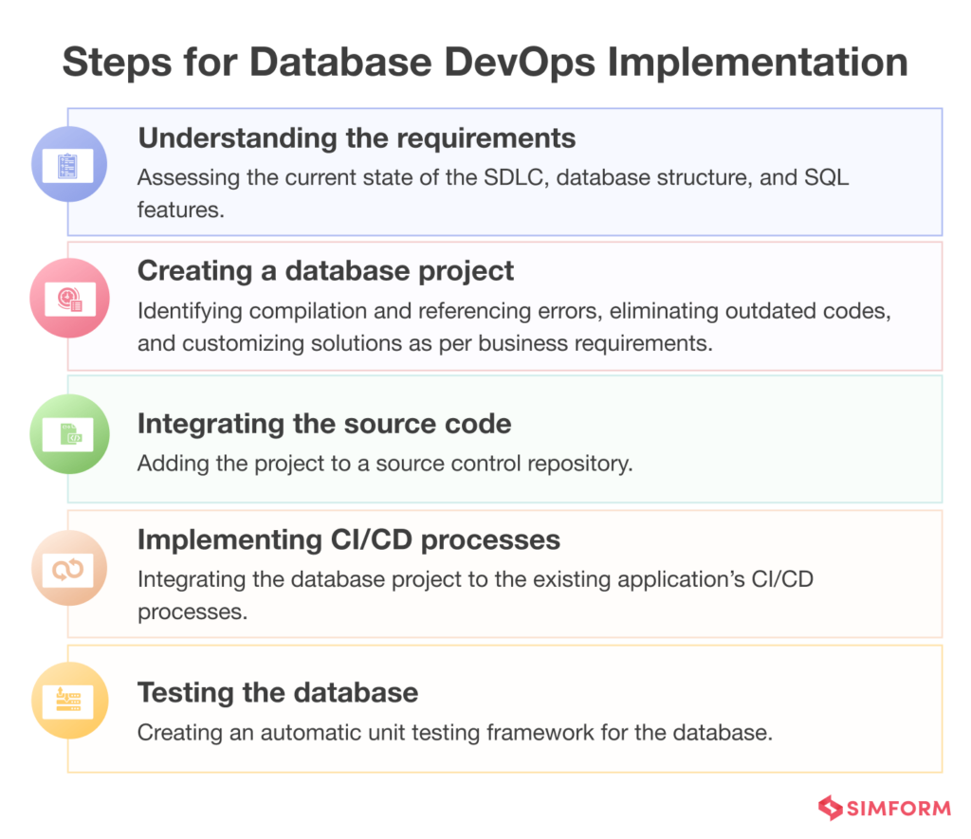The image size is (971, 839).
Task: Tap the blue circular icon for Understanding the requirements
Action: point(69,165)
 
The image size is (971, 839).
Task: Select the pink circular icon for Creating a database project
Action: point(69,298)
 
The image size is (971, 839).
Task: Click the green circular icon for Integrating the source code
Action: point(69,433)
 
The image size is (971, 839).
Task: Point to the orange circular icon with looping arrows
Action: point(69,568)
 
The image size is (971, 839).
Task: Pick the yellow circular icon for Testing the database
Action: point(69,702)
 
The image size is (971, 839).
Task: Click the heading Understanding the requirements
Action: point(357,138)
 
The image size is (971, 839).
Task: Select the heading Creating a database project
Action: point(325,271)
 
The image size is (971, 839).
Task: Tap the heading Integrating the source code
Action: point(324,424)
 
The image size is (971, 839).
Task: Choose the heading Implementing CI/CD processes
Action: point(349,539)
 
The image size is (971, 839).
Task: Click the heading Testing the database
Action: point(278,692)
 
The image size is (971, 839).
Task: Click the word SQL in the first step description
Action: point(830,178)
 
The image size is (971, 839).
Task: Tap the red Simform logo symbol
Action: point(832,809)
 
